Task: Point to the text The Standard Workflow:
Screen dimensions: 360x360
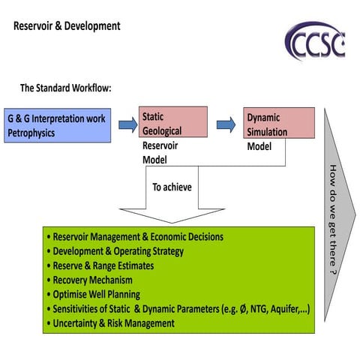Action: click(65, 89)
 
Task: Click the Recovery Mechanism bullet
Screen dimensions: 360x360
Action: click(94, 280)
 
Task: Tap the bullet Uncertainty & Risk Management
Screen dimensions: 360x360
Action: click(113, 323)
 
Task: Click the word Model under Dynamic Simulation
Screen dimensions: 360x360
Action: click(259, 146)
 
